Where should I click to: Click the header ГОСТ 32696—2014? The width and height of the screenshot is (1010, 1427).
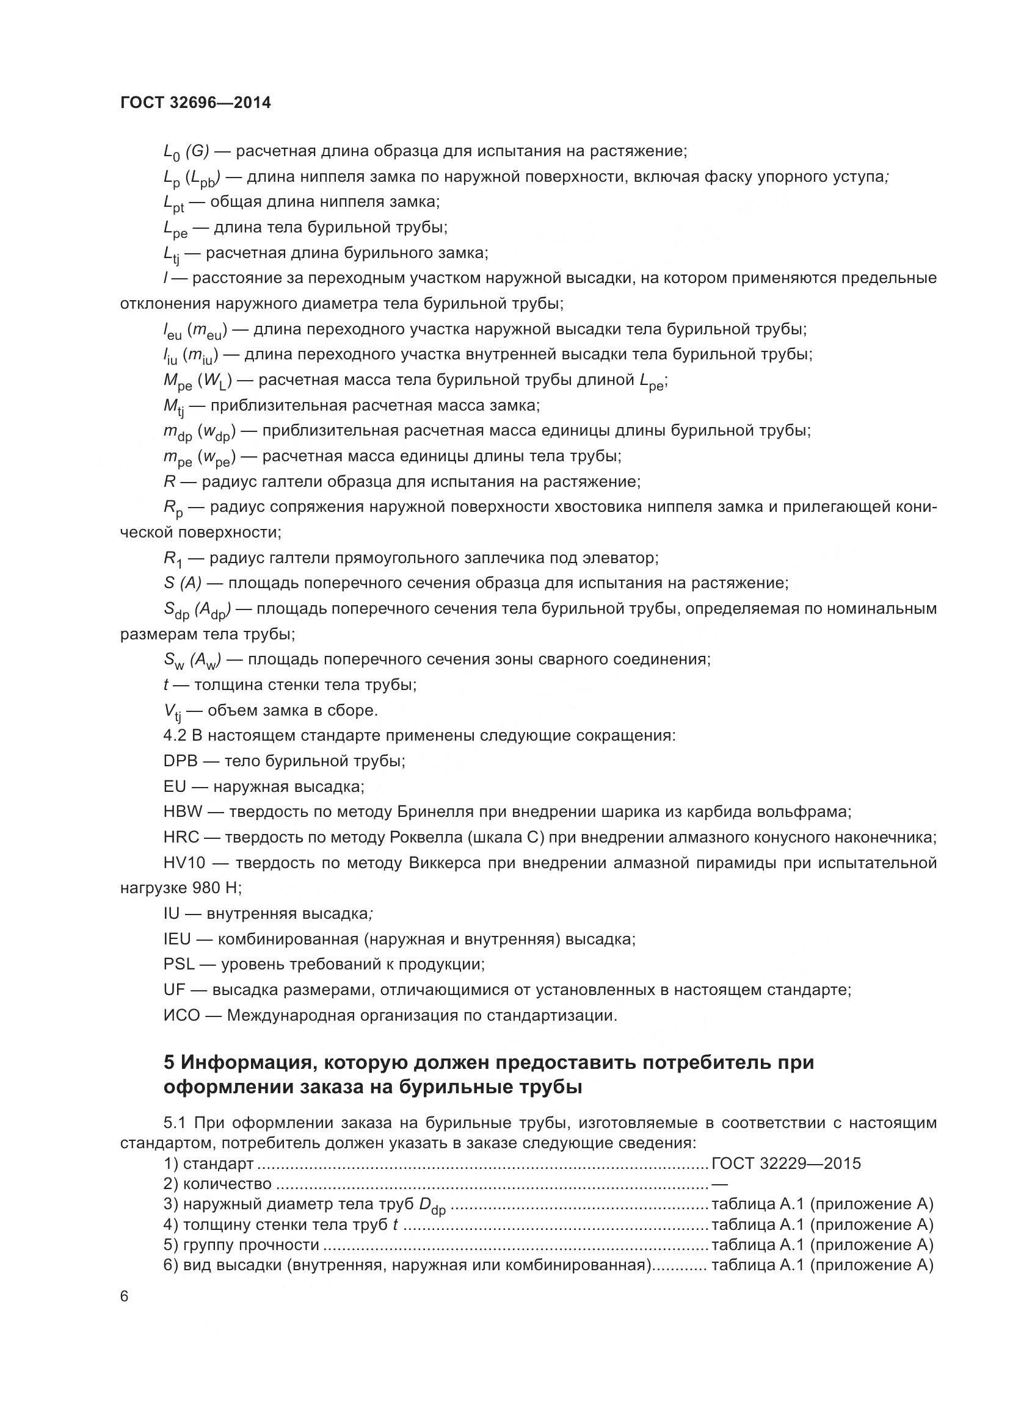[x=195, y=102]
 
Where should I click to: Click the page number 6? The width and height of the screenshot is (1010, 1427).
[x=125, y=1296]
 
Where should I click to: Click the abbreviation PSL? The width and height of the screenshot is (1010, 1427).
[x=179, y=964]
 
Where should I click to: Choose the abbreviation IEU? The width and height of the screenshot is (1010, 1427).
[x=177, y=938]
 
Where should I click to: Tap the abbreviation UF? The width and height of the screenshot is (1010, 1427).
[x=175, y=990]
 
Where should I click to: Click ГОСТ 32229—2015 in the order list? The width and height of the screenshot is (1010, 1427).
[x=786, y=1163]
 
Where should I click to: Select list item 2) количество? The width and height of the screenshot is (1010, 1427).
[x=217, y=1184]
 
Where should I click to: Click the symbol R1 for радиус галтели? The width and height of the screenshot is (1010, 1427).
[x=173, y=559]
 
